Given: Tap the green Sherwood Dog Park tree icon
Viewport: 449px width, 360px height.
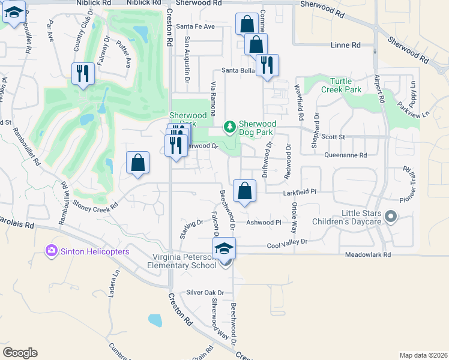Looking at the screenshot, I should [x=229, y=126].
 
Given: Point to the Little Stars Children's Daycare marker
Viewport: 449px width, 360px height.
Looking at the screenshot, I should [x=391, y=215].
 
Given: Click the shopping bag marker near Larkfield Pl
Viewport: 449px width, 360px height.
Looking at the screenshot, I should [x=244, y=191].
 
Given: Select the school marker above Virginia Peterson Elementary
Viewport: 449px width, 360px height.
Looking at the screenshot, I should [x=224, y=248].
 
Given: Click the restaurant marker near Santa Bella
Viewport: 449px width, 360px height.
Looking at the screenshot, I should [x=267, y=65].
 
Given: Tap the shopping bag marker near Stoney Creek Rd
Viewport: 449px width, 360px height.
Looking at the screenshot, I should [x=137, y=163].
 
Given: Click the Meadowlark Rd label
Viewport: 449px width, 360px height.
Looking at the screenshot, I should [x=367, y=255].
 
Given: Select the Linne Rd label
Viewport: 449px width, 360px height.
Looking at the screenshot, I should [x=346, y=45].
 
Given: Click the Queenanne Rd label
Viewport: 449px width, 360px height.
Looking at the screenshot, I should [x=345, y=154].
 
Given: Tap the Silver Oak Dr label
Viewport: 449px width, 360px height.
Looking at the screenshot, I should [x=205, y=293].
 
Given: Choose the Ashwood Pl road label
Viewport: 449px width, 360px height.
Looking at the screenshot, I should [x=264, y=222].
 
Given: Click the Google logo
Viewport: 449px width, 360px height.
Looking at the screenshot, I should [x=20, y=353].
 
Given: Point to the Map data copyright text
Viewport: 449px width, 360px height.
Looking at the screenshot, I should [x=423, y=355].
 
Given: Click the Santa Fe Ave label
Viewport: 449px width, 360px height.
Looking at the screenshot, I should [x=195, y=26].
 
